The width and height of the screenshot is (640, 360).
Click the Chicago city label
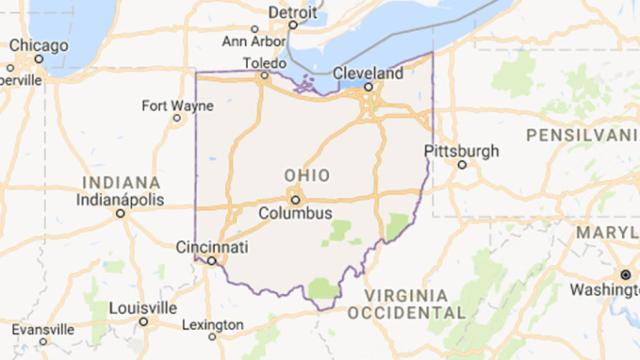coord(39,46)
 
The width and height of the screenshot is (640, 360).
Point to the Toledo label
coord(265,64)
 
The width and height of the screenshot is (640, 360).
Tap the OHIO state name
coord(306,174)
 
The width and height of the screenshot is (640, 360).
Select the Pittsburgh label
coord(461,151)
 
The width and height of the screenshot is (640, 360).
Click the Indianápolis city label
coord(120,199)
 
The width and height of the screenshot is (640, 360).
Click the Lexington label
coord(211,325)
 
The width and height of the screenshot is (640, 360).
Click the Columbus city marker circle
coord(295,198)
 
